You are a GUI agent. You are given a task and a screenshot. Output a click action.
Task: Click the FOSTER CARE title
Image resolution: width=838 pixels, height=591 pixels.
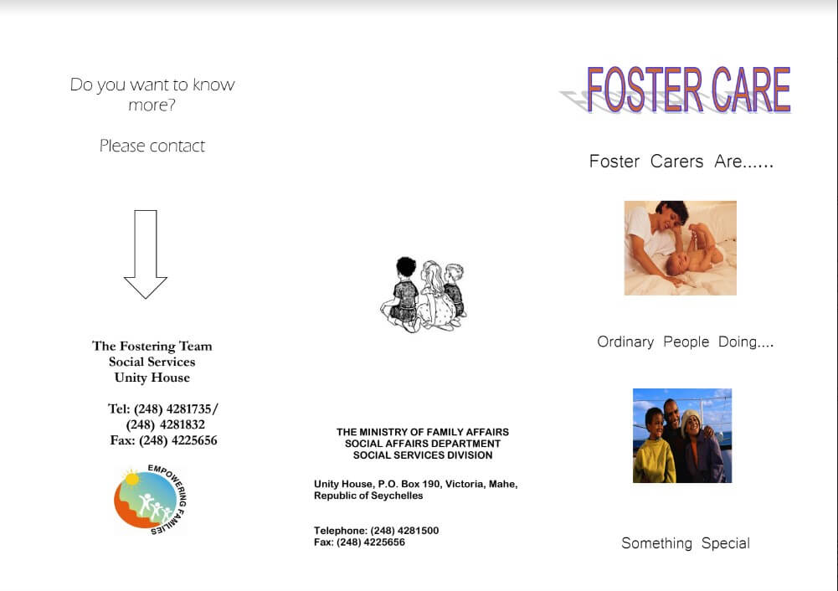(x=688, y=90)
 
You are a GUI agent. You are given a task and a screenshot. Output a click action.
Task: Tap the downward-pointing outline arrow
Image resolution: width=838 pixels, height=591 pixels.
(x=146, y=254)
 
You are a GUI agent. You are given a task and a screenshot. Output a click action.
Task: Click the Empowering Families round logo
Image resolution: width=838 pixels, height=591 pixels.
(x=150, y=499)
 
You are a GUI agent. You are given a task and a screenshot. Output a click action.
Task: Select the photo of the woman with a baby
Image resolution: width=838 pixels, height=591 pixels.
(x=681, y=248)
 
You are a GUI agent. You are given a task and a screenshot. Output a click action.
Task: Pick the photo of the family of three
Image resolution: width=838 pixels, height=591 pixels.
(x=682, y=435)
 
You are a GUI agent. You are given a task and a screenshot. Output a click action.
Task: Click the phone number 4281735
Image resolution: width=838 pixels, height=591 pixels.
(x=189, y=409)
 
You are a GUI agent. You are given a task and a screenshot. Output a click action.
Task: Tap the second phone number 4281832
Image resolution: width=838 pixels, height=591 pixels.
(x=182, y=424)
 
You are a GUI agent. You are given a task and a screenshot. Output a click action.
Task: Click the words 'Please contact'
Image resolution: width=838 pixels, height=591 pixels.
(x=152, y=146)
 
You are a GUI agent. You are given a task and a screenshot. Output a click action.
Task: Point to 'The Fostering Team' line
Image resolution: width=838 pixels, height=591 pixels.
(x=152, y=347)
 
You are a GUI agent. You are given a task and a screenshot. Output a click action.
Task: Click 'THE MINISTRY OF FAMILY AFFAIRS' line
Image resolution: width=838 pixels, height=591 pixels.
(x=423, y=432)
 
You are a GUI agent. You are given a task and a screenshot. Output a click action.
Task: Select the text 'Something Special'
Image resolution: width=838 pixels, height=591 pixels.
(x=686, y=543)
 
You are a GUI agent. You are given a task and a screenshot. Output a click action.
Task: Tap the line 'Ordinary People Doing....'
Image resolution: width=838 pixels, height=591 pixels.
(x=685, y=342)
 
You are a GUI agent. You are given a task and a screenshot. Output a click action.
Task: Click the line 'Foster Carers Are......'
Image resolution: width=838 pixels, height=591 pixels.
(x=681, y=162)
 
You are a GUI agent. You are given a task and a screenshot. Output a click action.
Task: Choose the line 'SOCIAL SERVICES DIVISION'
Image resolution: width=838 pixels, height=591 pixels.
(x=423, y=455)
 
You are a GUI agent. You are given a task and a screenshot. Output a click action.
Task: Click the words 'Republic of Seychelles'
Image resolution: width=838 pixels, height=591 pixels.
(x=368, y=496)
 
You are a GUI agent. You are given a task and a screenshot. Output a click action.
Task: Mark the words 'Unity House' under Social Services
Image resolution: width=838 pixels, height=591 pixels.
(x=152, y=378)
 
